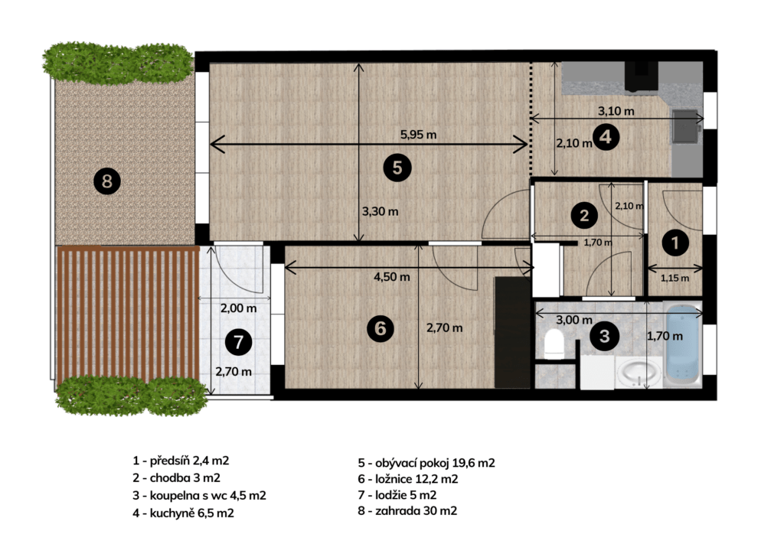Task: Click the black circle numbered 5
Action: [x=397, y=168]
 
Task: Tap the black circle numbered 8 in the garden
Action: [x=107, y=181]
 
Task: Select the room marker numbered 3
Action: [x=604, y=336]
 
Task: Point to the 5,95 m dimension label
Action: [x=418, y=135]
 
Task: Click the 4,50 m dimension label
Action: [x=391, y=277]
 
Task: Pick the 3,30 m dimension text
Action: [x=380, y=211]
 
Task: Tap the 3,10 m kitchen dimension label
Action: [x=616, y=111]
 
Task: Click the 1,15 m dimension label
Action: [x=675, y=279]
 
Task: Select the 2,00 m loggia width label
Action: [x=239, y=308]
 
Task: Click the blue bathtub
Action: [x=682, y=344]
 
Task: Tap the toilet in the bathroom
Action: [x=554, y=344]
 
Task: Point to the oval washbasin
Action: [x=637, y=373]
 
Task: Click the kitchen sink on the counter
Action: [x=685, y=126]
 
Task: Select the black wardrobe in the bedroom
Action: [x=512, y=333]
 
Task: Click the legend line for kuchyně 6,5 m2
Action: [x=183, y=513]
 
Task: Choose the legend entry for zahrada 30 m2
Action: [x=407, y=510]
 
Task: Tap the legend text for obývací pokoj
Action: [x=426, y=463]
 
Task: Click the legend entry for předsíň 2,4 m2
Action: [x=181, y=460]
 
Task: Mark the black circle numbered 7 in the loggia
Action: [x=239, y=342]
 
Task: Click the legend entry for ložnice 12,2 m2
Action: [x=407, y=479]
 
